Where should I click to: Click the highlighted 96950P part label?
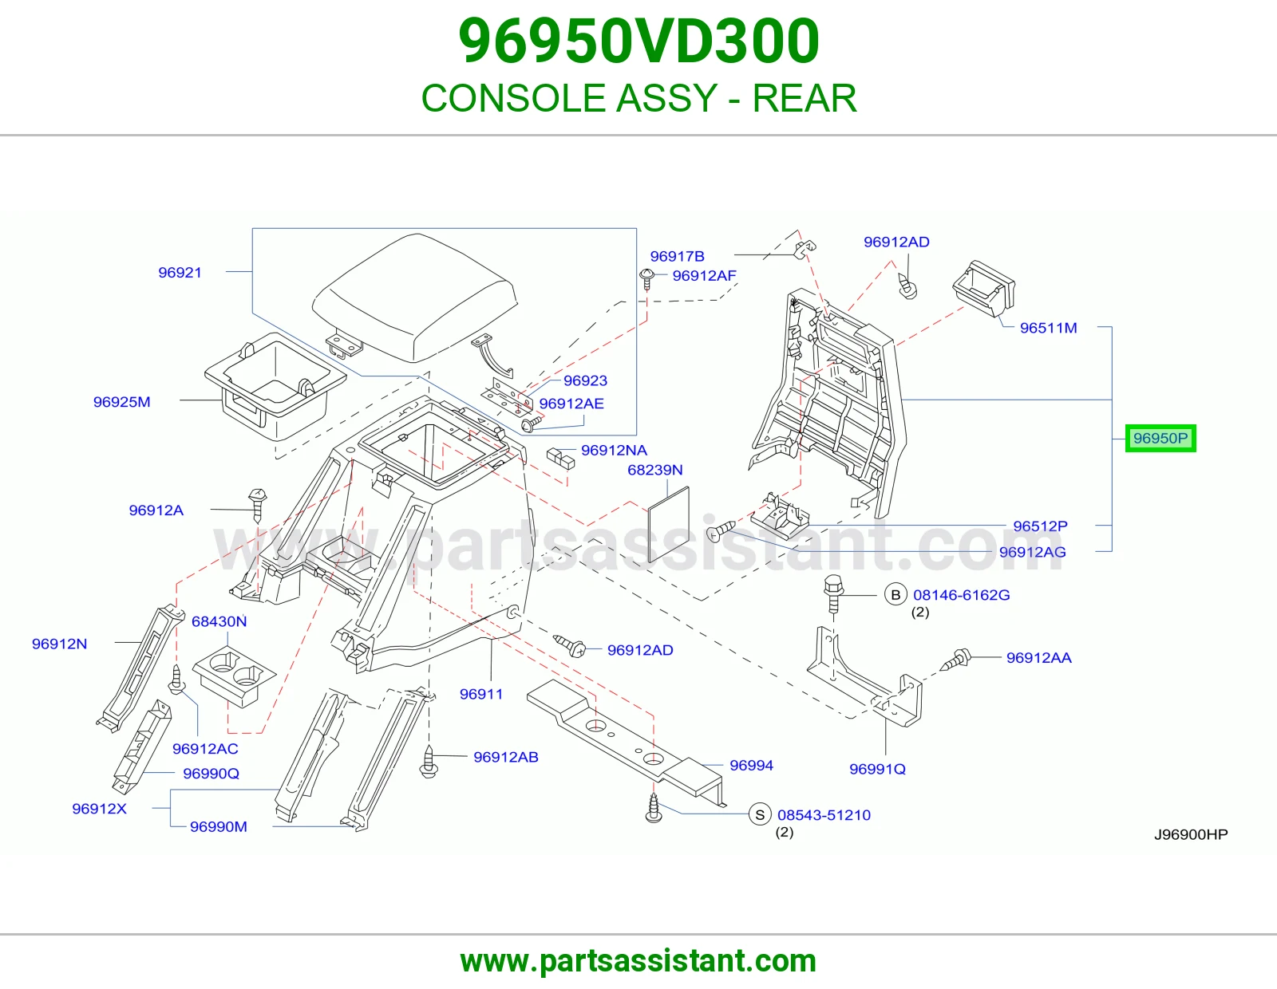(1160, 438)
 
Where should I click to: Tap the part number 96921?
(180, 273)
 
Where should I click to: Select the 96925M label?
(121, 402)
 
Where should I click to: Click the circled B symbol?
(895, 595)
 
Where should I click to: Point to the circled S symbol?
(760, 814)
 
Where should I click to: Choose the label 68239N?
(654, 470)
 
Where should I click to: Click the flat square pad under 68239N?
(668, 525)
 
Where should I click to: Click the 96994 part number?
(751, 765)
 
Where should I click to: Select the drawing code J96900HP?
(1191, 834)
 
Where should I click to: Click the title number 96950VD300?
(638, 41)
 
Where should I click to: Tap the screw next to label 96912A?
(258, 505)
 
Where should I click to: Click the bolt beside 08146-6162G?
(833, 593)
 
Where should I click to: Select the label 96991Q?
(877, 769)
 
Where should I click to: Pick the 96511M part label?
(1049, 328)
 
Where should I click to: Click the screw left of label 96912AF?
(647, 279)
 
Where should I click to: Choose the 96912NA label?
(614, 451)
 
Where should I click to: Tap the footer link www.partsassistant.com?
(638, 961)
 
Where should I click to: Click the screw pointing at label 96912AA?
(955, 660)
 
